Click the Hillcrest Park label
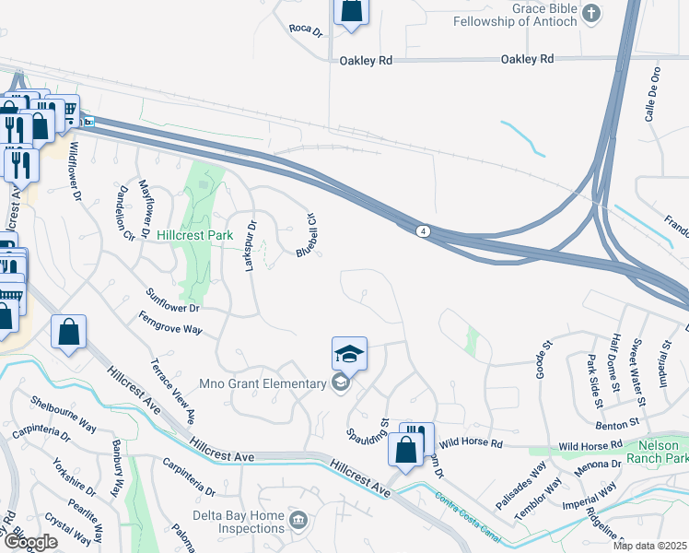coord(194,236)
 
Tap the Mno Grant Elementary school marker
coord(340,383)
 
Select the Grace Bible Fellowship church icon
coord(592,14)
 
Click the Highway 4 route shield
coord(422,229)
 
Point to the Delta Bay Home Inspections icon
coord(298,522)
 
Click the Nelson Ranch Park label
coord(663,451)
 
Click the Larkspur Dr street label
coord(250,242)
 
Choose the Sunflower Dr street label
coord(172,300)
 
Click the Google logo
coord(30,543)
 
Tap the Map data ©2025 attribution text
coord(650,546)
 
